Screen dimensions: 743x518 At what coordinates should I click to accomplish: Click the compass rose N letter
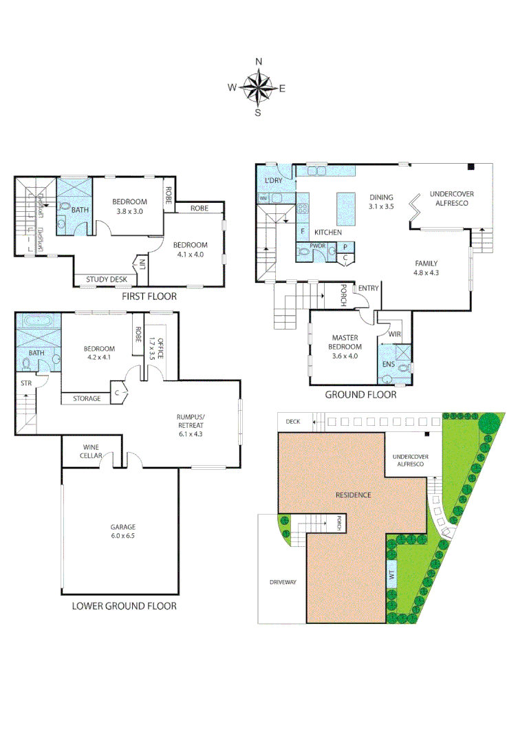(259, 61)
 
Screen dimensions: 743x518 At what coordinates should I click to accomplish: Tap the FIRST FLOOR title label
(149, 297)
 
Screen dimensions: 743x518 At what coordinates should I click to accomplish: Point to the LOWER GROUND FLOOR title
(125, 606)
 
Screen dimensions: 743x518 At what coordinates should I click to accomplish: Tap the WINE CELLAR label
(92, 451)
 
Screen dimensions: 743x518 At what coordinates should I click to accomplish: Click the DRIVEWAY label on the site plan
(282, 583)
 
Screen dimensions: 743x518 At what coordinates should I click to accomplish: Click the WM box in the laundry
(263, 199)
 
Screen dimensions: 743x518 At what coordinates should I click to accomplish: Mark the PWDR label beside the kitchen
(317, 245)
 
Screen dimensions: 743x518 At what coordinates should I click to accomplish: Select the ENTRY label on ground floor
(368, 288)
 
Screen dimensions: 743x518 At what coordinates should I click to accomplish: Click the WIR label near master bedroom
(396, 334)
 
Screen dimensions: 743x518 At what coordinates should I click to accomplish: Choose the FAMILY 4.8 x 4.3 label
(427, 268)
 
